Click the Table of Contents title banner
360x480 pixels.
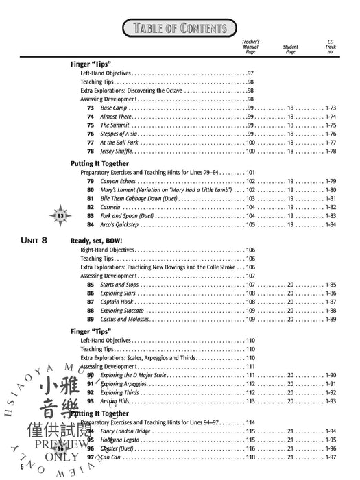pyautogui.click(x=180, y=27)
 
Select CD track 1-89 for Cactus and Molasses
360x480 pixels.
pyautogui.click(x=330, y=319)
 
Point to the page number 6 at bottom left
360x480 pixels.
pyautogui.click(x=22, y=466)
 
